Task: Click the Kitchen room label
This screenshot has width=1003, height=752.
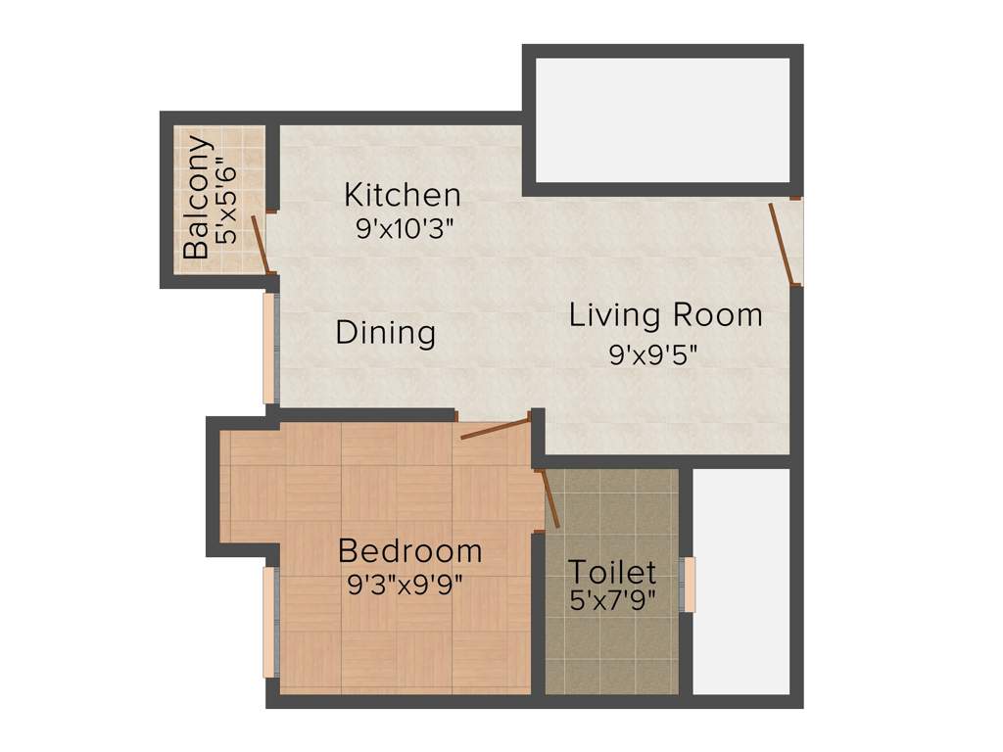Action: coord(402,195)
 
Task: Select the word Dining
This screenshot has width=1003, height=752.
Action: coord(385,333)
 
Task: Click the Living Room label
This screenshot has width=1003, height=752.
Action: coord(666,315)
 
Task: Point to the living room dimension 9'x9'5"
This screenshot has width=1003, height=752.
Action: coord(653,354)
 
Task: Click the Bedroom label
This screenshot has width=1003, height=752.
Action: coord(409,551)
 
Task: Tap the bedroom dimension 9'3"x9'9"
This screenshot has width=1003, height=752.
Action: coord(406,586)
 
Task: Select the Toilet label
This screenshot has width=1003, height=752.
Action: coord(612,571)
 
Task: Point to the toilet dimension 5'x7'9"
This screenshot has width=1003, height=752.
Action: coord(613,599)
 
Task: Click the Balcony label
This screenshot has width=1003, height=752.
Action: coord(197,199)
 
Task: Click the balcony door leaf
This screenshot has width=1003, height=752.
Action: coord(260,244)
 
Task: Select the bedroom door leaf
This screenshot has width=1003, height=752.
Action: coord(495,427)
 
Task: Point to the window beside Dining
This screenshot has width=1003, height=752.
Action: coord(269,348)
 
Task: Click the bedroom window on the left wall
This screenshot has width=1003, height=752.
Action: coord(269,622)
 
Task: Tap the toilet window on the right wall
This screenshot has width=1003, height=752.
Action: coord(690,585)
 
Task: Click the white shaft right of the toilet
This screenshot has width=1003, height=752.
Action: coord(741,582)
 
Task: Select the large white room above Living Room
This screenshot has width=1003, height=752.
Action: coord(663,119)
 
